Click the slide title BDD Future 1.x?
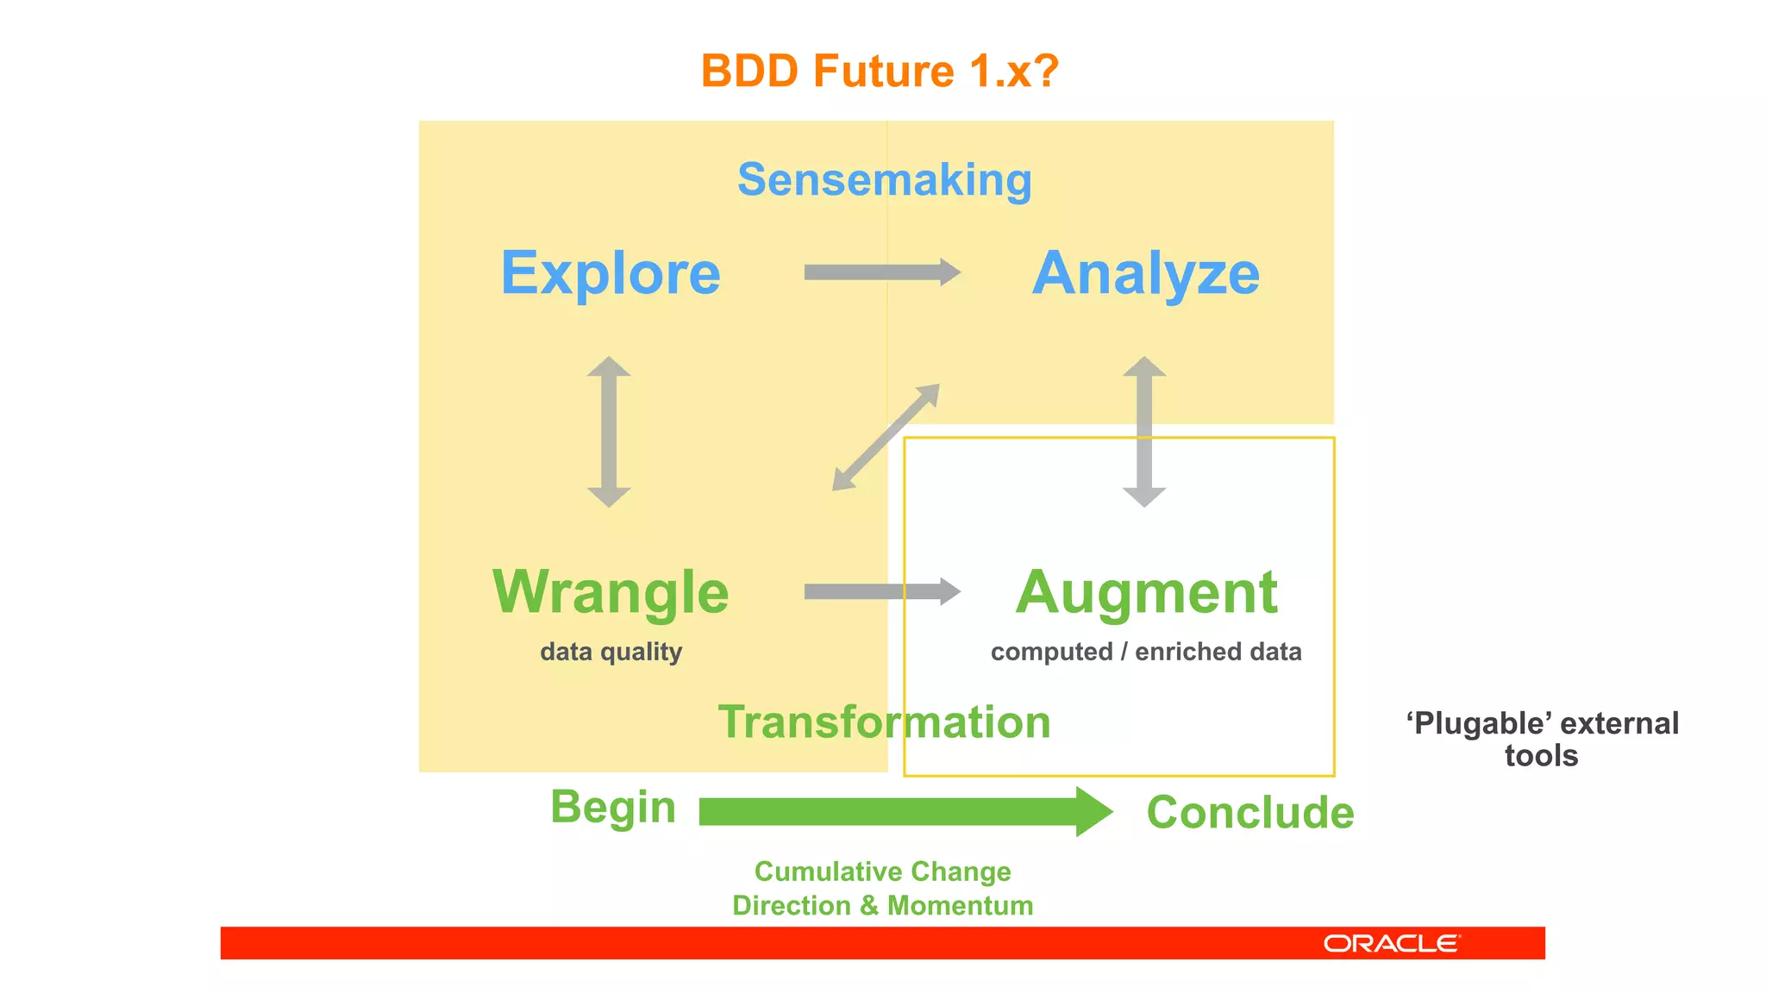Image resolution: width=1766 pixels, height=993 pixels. coord(880,71)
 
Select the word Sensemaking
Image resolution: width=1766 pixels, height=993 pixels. coord(884,180)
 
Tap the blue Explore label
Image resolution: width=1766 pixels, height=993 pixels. coord(611,273)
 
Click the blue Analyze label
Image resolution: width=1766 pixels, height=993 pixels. coord(1145,273)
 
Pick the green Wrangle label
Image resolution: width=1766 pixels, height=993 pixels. coord(611,592)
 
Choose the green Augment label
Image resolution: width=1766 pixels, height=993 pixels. coord(1145,592)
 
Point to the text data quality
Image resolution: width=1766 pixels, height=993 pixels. coord(611,652)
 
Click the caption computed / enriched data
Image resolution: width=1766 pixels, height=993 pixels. coord(1145,652)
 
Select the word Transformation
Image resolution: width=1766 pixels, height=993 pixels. coord(884,721)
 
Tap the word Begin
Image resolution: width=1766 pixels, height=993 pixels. coord(612,808)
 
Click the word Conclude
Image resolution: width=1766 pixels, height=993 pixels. coord(1249,813)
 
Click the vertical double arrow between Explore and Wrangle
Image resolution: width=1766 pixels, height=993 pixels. coord(609,432)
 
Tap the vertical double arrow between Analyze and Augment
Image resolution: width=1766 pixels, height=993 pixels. coord(1144,432)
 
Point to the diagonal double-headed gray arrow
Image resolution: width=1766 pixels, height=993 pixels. coord(886,438)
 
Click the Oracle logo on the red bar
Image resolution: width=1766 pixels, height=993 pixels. coord(1391,944)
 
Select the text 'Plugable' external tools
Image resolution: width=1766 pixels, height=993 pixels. coord(1542,739)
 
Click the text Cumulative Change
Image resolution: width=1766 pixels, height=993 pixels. coord(882,871)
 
